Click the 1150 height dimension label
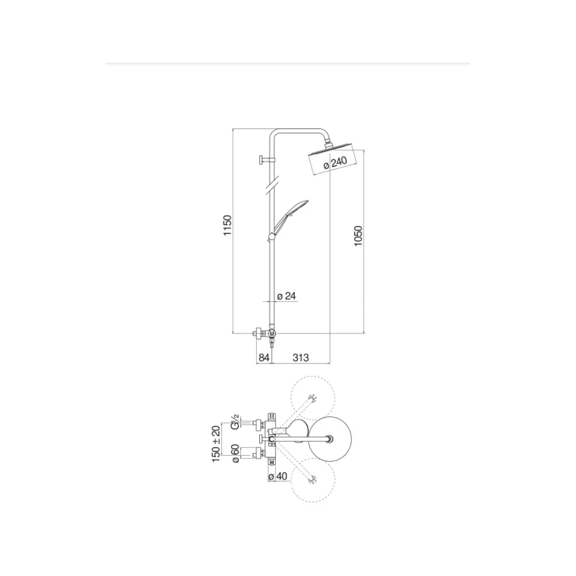point(228,225)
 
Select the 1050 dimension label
point(358,236)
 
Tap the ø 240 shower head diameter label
point(335,163)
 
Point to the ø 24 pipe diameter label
point(286,295)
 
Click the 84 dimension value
point(264,358)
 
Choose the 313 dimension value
point(301,358)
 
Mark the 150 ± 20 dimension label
point(217,444)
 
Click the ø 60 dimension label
point(235,454)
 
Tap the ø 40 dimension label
point(278,476)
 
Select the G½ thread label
point(235,422)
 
